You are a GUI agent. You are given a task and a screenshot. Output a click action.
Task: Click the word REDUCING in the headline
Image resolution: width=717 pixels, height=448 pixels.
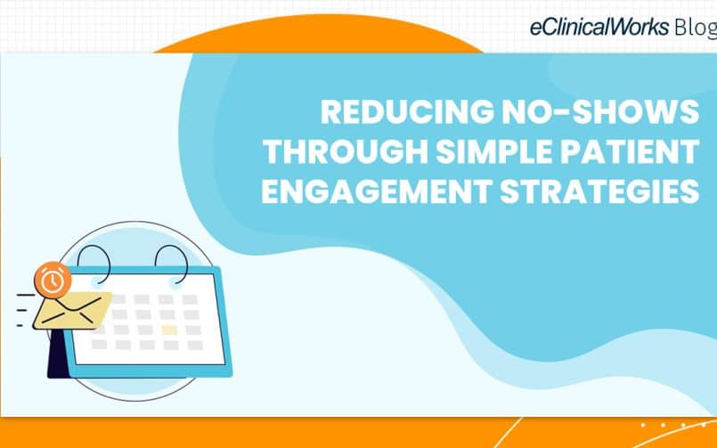click(407, 111)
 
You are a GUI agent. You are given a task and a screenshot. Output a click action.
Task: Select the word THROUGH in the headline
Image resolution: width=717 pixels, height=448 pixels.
click(346, 151)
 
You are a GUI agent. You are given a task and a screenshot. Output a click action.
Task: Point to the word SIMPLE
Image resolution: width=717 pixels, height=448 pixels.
click(494, 151)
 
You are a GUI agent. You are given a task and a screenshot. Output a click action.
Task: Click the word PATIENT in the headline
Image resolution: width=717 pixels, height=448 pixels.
click(630, 151)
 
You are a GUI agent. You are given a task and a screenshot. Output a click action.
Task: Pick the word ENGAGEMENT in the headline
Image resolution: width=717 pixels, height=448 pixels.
click(377, 191)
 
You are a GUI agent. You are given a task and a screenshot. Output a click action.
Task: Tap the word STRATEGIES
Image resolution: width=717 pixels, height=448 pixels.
click(600, 191)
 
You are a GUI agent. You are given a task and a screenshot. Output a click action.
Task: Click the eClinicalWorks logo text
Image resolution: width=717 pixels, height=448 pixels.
click(599, 28)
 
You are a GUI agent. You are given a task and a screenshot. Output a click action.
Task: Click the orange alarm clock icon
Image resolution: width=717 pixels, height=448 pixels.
click(53, 281)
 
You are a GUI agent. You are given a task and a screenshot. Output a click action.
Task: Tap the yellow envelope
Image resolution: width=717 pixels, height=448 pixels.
click(73, 311)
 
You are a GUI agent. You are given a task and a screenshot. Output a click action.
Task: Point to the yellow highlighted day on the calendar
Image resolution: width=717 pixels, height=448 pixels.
click(169, 330)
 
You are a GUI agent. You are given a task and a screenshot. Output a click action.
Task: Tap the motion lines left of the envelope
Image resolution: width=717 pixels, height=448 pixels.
click(23, 311)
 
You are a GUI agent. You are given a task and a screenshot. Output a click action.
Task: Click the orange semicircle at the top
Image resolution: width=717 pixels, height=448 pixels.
click(319, 35)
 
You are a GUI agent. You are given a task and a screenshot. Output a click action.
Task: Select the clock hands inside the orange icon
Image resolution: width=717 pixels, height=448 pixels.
click(53, 281)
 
